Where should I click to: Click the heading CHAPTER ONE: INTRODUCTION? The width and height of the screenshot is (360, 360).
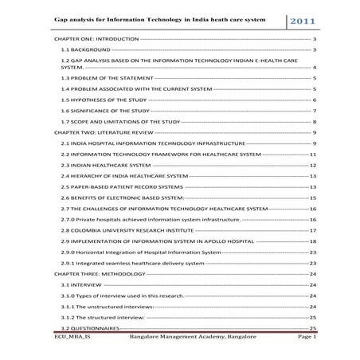pyautogui.click(x=95, y=38)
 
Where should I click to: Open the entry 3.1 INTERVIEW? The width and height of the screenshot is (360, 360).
pyautogui.click(x=79, y=284)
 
